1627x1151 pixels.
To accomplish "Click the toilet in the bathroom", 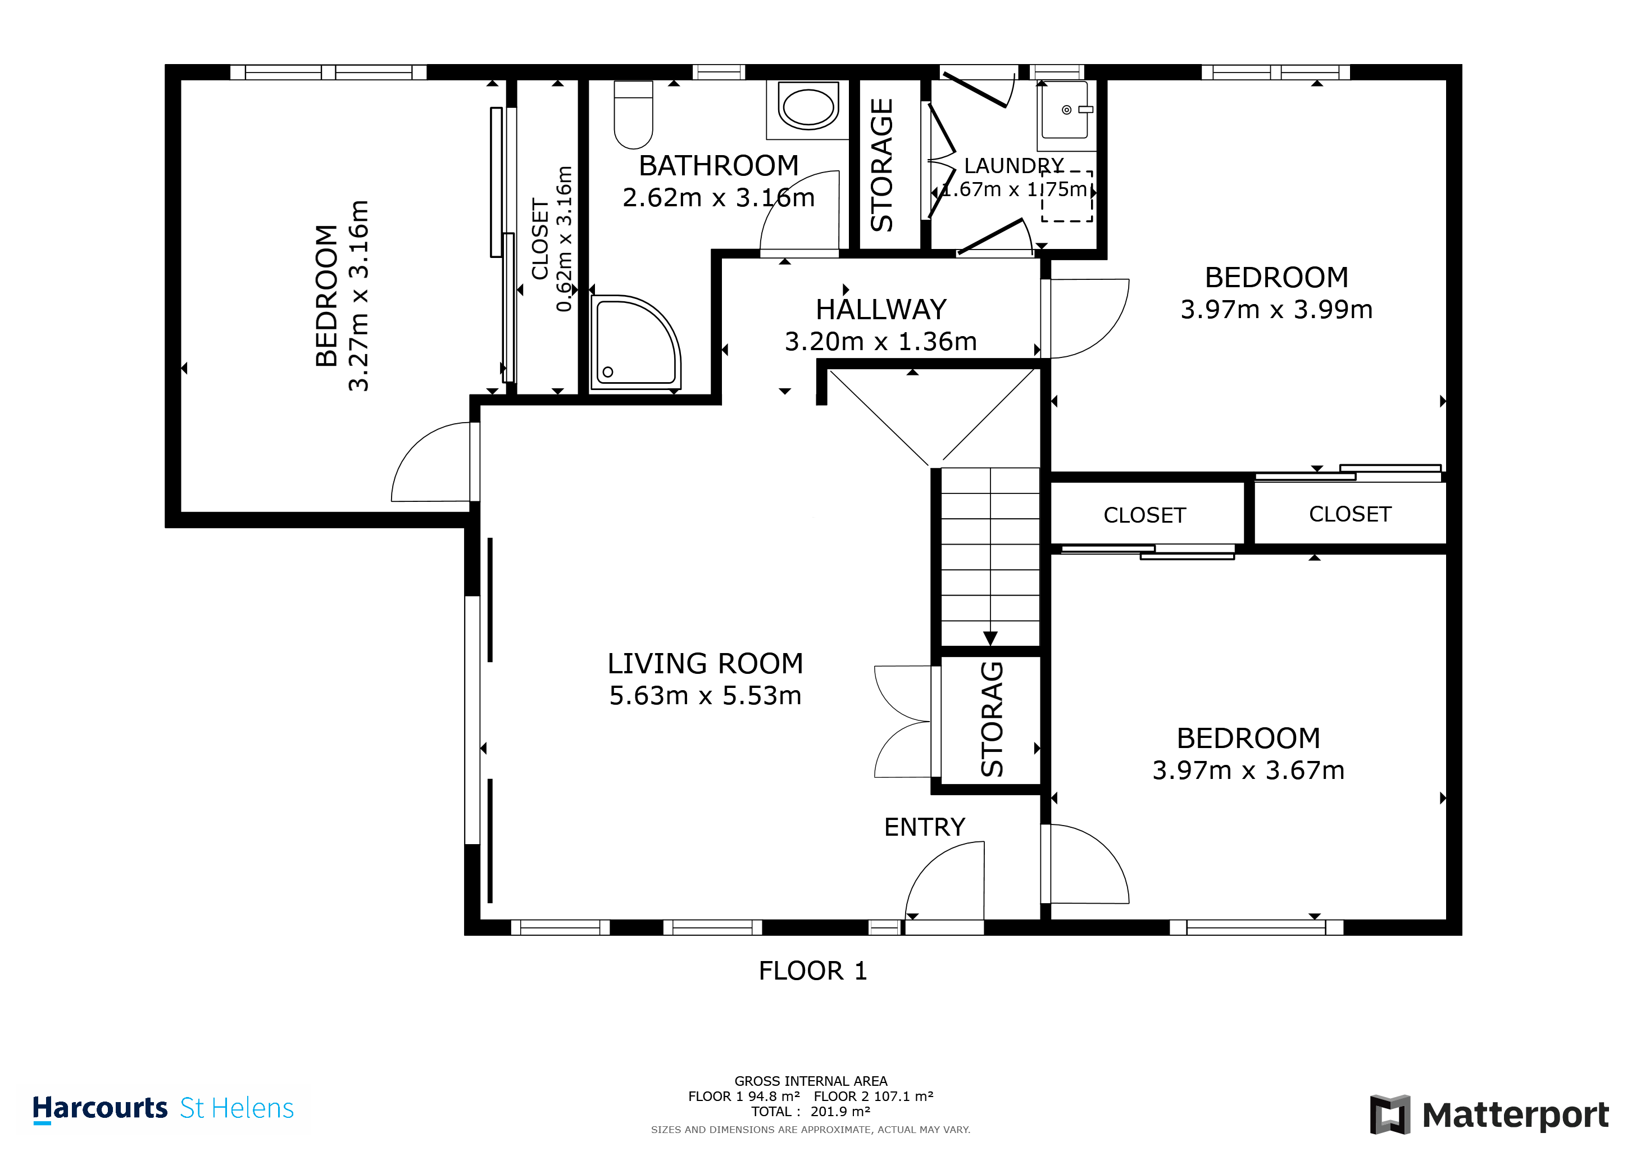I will pyautogui.click(x=633, y=115).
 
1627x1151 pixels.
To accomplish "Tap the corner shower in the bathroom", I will pyautogui.click(x=633, y=342).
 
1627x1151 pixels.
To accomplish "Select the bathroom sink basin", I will pyautogui.click(x=808, y=107).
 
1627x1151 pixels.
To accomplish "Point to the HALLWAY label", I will pyautogui.click(x=881, y=310).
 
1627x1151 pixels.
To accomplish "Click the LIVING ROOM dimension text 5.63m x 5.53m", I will pyautogui.click(x=705, y=696).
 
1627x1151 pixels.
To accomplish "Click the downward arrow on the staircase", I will pyautogui.click(x=990, y=638).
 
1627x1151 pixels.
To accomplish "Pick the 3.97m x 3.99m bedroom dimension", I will pyautogui.click(x=1276, y=310).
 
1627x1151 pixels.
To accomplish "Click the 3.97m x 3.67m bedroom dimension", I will pyautogui.click(x=1248, y=771).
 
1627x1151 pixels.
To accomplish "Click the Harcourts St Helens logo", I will pyautogui.click(x=163, y=1108).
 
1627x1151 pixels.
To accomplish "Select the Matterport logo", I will pyautogui.click(x=1489, y=1114).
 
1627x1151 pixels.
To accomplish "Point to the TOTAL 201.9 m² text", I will pyautogui.click(x=811, y=1111).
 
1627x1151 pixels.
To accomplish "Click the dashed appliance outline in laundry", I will pyautogui.click(x=1066, y=196).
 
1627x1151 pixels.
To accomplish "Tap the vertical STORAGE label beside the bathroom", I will pyautogui.click(x=881, y=165).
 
